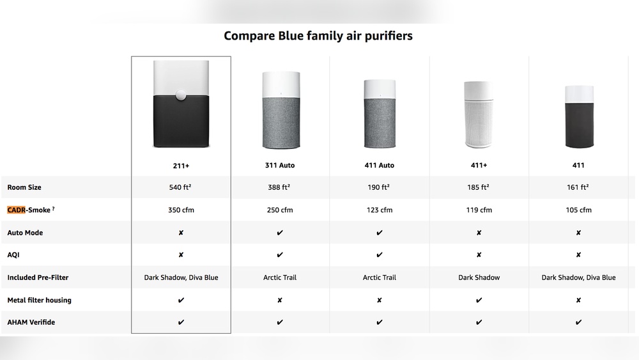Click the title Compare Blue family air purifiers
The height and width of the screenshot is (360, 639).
318,36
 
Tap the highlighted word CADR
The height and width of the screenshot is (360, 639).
16,210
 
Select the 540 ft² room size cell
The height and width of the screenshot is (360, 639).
181,187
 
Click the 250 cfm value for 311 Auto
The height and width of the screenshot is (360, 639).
280,210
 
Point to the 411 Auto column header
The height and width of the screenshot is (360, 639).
379,165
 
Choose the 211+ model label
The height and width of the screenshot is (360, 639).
181,165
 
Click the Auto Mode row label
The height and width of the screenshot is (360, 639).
25,233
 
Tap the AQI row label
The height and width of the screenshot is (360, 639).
13,255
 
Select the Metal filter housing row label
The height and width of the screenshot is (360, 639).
39,300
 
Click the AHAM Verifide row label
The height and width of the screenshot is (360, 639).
31,322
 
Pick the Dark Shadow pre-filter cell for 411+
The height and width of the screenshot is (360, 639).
479,278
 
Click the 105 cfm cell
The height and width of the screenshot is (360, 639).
578,210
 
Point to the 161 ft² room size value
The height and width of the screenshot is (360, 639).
578,187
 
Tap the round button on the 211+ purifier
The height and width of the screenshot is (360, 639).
181,95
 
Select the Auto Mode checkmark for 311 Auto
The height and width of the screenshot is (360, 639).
280,233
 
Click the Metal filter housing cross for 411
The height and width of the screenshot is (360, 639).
578,300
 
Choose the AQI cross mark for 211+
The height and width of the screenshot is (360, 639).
181,255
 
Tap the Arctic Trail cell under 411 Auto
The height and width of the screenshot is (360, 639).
379,278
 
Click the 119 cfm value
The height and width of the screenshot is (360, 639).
479,210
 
